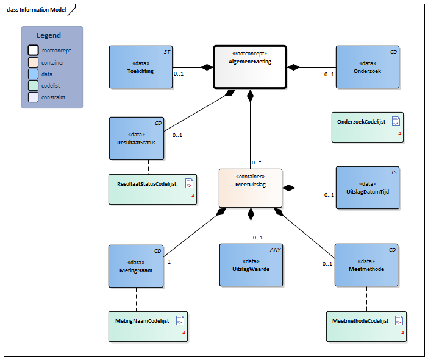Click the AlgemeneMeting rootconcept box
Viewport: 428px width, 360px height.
pos(250,67)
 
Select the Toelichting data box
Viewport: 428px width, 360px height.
pos(140,67)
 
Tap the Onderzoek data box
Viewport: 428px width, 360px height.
pos(368,67)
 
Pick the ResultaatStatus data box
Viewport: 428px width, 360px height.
pos(137,138)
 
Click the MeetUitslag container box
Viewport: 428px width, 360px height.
pos(251,188)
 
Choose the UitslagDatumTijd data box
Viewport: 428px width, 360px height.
pos(368,188)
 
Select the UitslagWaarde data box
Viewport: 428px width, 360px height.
pos(252,266)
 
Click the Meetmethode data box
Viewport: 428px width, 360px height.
pos(366,266)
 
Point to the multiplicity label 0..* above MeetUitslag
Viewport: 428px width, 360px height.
pos(257,163)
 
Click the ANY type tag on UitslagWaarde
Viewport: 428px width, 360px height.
pos(275,250)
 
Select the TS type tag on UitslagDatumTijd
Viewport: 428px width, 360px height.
pos(393,172)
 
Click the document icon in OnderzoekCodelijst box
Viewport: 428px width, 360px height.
pos(396,121)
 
